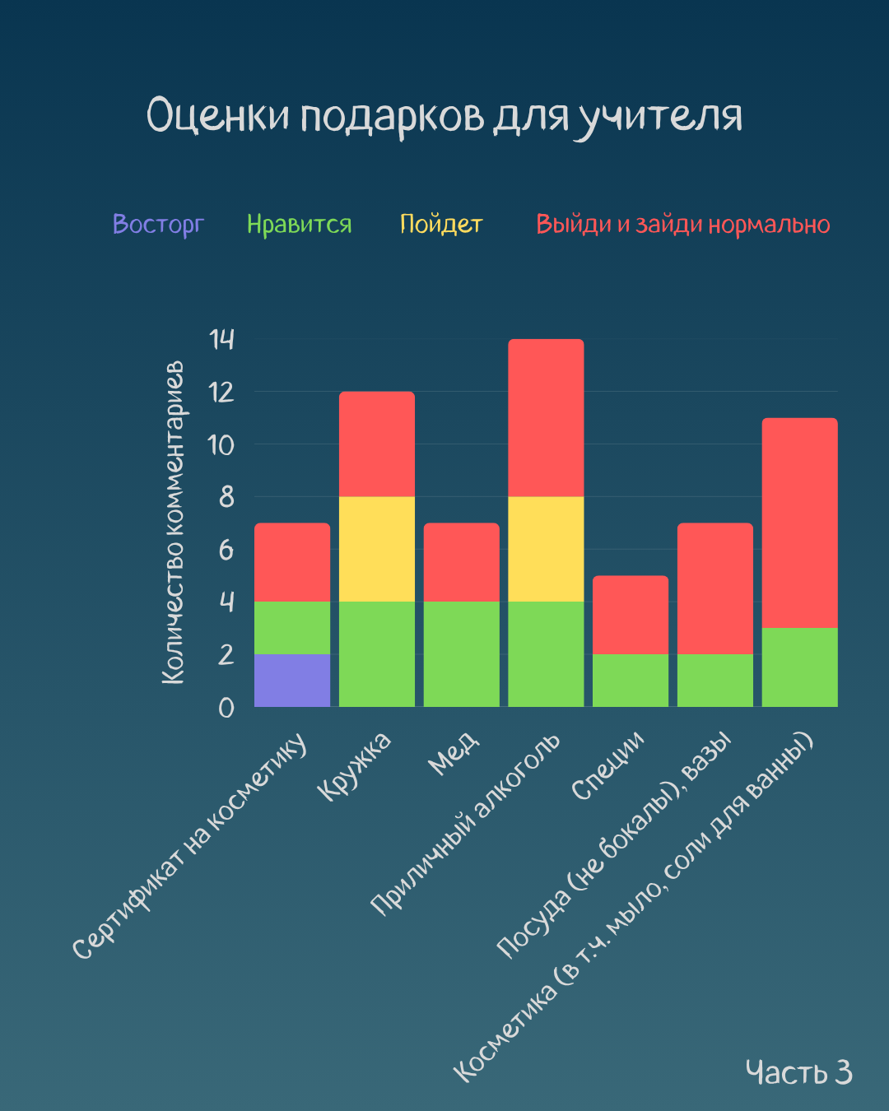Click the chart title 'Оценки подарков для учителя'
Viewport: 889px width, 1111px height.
pos(444,116)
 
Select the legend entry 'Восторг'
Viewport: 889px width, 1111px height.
pos(157,224)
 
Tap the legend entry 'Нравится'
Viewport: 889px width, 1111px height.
pos(299,224)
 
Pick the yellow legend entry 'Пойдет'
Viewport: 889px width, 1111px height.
pos(440,224)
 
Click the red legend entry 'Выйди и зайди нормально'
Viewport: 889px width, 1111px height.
pos(682,224)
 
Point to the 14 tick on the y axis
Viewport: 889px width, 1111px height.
pos(221,339)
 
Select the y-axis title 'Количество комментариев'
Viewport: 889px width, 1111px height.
pos(174,523)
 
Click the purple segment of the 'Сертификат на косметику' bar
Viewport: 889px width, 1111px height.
pos(292,681)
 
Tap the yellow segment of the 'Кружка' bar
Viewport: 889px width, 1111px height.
pos(377,549)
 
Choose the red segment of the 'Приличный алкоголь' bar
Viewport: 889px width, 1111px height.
pos(546,418)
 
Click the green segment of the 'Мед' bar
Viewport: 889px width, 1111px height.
pos(461,654)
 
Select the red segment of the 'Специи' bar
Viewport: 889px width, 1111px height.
pos(631,615)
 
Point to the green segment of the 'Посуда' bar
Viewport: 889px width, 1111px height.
pos(714,681)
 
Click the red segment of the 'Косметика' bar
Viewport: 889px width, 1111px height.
pos(799,523)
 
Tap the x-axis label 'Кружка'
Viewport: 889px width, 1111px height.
pos(355,765)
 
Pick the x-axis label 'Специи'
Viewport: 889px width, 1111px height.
pos(608,765)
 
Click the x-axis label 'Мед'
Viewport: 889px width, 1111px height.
pos(454,753)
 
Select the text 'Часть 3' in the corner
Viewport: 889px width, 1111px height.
pos(798,1072)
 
